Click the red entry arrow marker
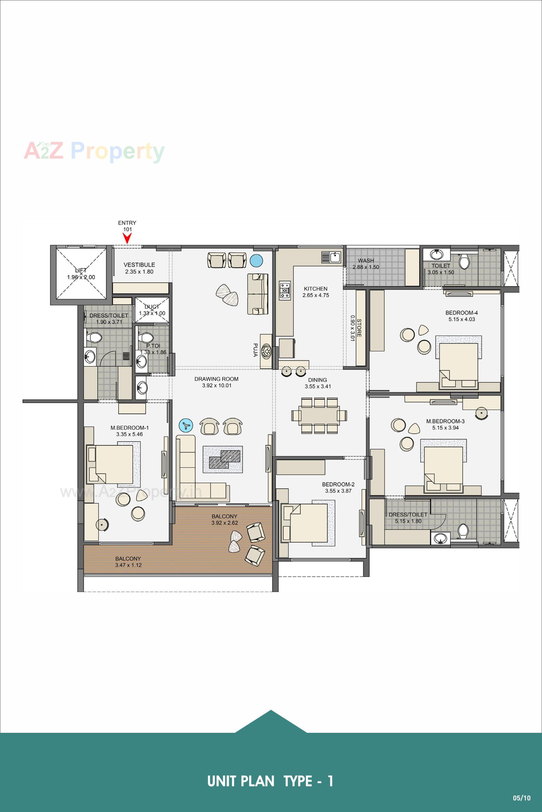click(x=128, y=238)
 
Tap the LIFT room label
click(x=81, y=270)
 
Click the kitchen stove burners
click(x=285, y=290)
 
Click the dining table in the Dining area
click(x=319, y=415)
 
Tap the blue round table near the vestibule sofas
click(x=256, y=260)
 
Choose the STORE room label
click(x=359, y=328)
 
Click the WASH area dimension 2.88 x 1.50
click(x=366, y=267)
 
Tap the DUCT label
click(x=152, y=307)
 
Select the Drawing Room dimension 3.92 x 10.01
click(x=217, y=386)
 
